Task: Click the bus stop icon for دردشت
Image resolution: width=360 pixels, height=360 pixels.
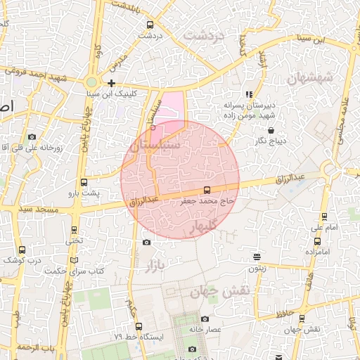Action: click(x=149, y=25)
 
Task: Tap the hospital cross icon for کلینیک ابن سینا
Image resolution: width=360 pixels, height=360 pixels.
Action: click(x=111, y=83)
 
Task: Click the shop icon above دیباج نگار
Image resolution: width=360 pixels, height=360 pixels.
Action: click(x=271, y=130)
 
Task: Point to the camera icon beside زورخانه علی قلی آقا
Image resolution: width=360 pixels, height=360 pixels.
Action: click(x=32, y=136)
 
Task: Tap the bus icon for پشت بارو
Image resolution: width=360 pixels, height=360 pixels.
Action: click(x=84, y=182)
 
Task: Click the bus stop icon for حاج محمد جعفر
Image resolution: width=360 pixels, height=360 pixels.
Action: click(x=206, y=190)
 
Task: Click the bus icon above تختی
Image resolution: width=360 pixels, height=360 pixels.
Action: click(x=75, y=230)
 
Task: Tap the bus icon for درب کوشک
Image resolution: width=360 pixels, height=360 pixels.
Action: click(x=22, y=249)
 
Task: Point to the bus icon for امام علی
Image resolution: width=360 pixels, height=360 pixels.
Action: click(x=323, y=217)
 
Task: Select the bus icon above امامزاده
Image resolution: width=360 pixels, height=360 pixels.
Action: click(x=318, y=240)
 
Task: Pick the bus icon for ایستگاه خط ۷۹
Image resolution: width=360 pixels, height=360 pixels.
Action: click(x=139, y=326)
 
